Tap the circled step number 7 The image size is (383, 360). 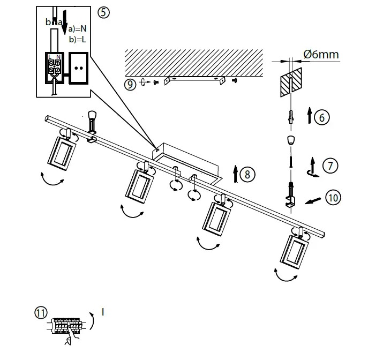(331, 166)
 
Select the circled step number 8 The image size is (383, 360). (247, 174)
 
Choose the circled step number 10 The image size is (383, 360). (333, 197)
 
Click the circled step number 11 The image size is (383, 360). (41, 312)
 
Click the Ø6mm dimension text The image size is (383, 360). (321, 55)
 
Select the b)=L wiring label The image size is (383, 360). (77, 40)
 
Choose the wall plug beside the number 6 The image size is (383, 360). (290, 116)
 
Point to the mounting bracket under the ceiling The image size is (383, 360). (193, 79)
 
